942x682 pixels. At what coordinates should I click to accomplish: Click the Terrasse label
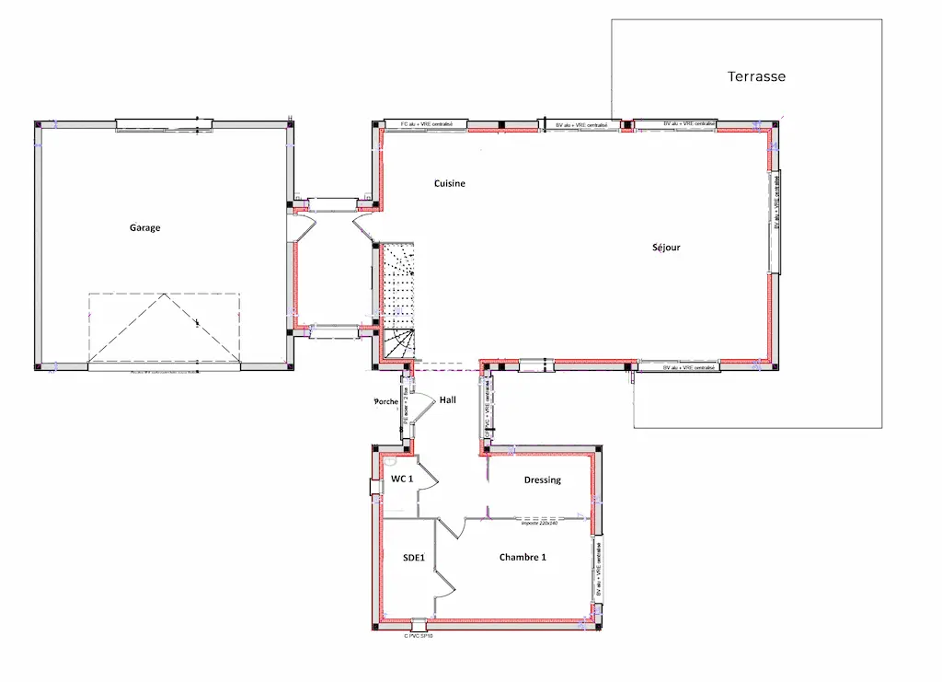click(756, 76)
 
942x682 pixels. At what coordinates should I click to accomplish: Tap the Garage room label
click(144, 227)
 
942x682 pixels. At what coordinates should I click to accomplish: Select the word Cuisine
click(450, 183)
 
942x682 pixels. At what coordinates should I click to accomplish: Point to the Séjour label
click(667, 248)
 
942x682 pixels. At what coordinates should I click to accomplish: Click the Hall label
click(447, 400)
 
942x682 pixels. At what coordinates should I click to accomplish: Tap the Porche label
click(385, 402)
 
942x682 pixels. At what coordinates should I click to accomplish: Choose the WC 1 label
click(401, 480)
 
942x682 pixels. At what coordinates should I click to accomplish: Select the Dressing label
click(542, 480)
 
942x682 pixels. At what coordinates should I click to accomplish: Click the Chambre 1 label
click(523, 557)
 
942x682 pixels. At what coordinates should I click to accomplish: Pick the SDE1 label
click(413, 557)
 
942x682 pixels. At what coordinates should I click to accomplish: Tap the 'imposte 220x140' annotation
click(540, 523)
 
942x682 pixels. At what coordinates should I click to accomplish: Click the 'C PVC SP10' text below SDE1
click(419, 635)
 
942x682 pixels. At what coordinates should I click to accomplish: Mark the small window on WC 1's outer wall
click(375, 488)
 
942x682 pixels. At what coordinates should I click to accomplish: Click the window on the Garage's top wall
click(164, 124)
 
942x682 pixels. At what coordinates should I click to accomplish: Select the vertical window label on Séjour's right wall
click(776, 221)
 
